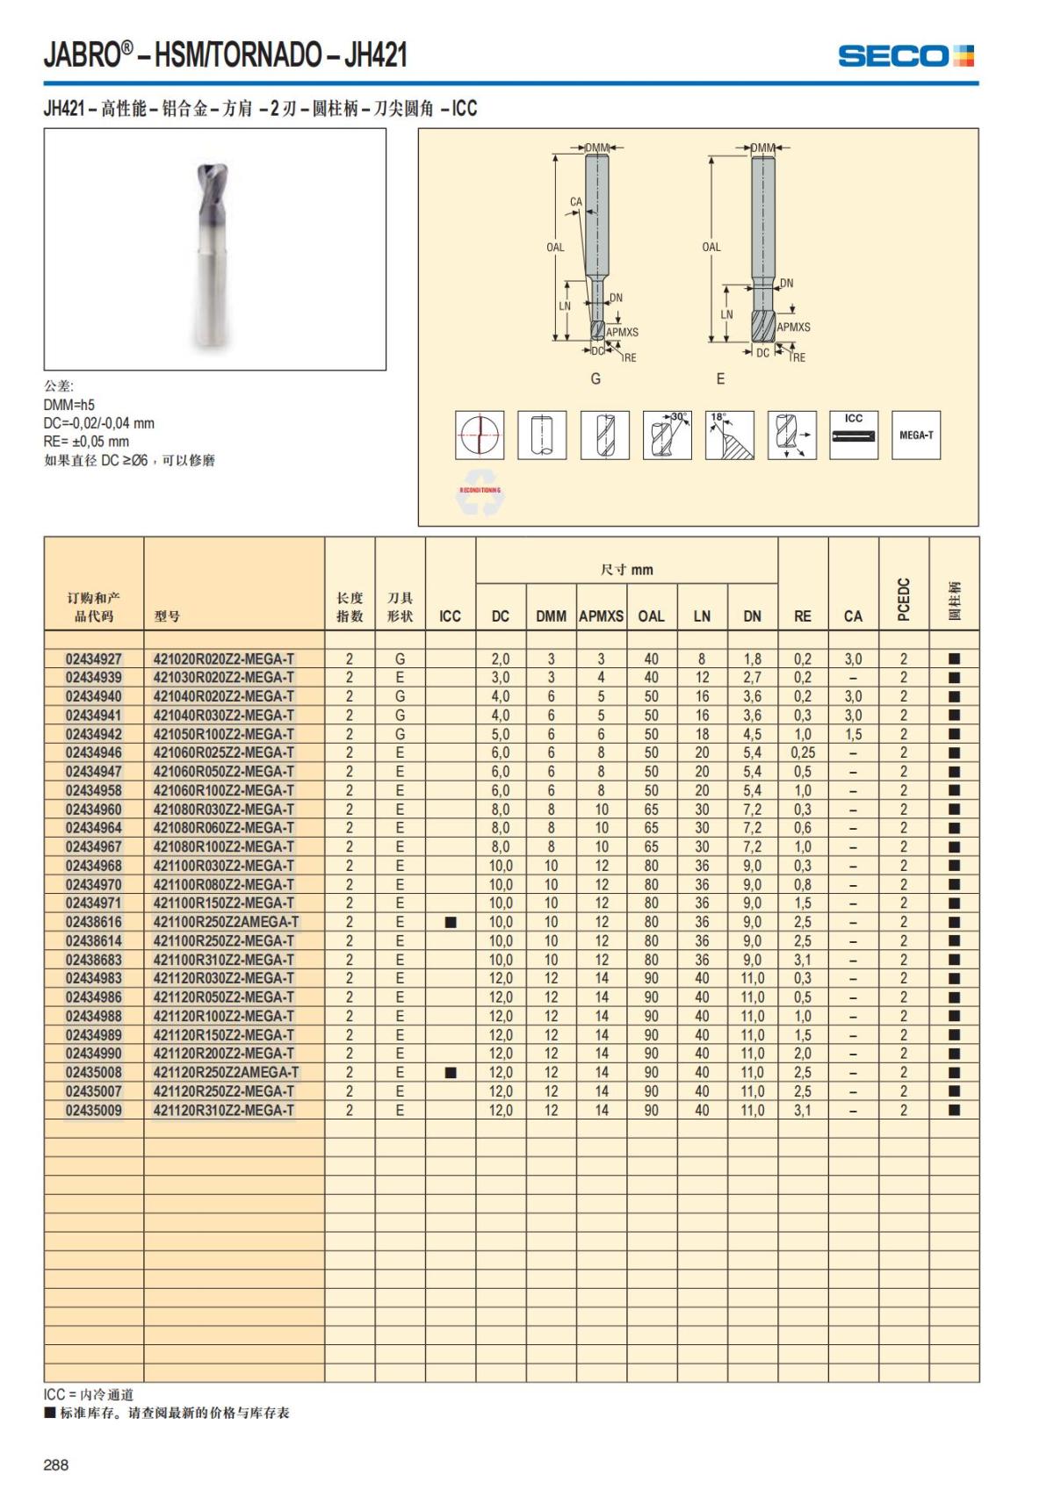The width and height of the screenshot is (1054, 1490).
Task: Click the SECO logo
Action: point(906,56)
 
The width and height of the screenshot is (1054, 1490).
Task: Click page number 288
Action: point(55,1465)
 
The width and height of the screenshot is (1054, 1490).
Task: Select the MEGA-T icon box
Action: point(915,435)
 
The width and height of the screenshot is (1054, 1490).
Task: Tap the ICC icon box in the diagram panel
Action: point(854,435)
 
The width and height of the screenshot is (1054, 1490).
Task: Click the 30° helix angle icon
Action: point(667,435)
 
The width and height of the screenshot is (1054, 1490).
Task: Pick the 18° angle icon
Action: point(729,435)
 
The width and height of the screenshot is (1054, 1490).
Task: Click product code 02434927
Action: point(94,659)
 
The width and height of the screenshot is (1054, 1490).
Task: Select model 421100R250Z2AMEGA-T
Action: point(226,922)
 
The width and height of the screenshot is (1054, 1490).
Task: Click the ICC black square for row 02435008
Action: point(451,1072)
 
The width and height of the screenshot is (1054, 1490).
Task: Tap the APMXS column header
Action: point(601,616)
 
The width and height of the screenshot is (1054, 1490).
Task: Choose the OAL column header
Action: point(651,616)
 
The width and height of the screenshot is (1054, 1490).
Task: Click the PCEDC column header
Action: point(904,599)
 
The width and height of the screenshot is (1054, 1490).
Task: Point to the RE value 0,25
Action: point(802,752)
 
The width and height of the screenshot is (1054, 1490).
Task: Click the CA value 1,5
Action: point(853,734)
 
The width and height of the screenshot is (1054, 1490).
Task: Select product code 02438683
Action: point(94,960)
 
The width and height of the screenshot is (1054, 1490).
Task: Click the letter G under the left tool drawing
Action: point(596,378)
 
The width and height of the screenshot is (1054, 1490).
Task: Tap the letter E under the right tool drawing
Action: point(720,378)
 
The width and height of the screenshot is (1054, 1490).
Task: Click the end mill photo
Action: point(213,248)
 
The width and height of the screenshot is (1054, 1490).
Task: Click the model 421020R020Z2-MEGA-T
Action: point(224,659)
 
